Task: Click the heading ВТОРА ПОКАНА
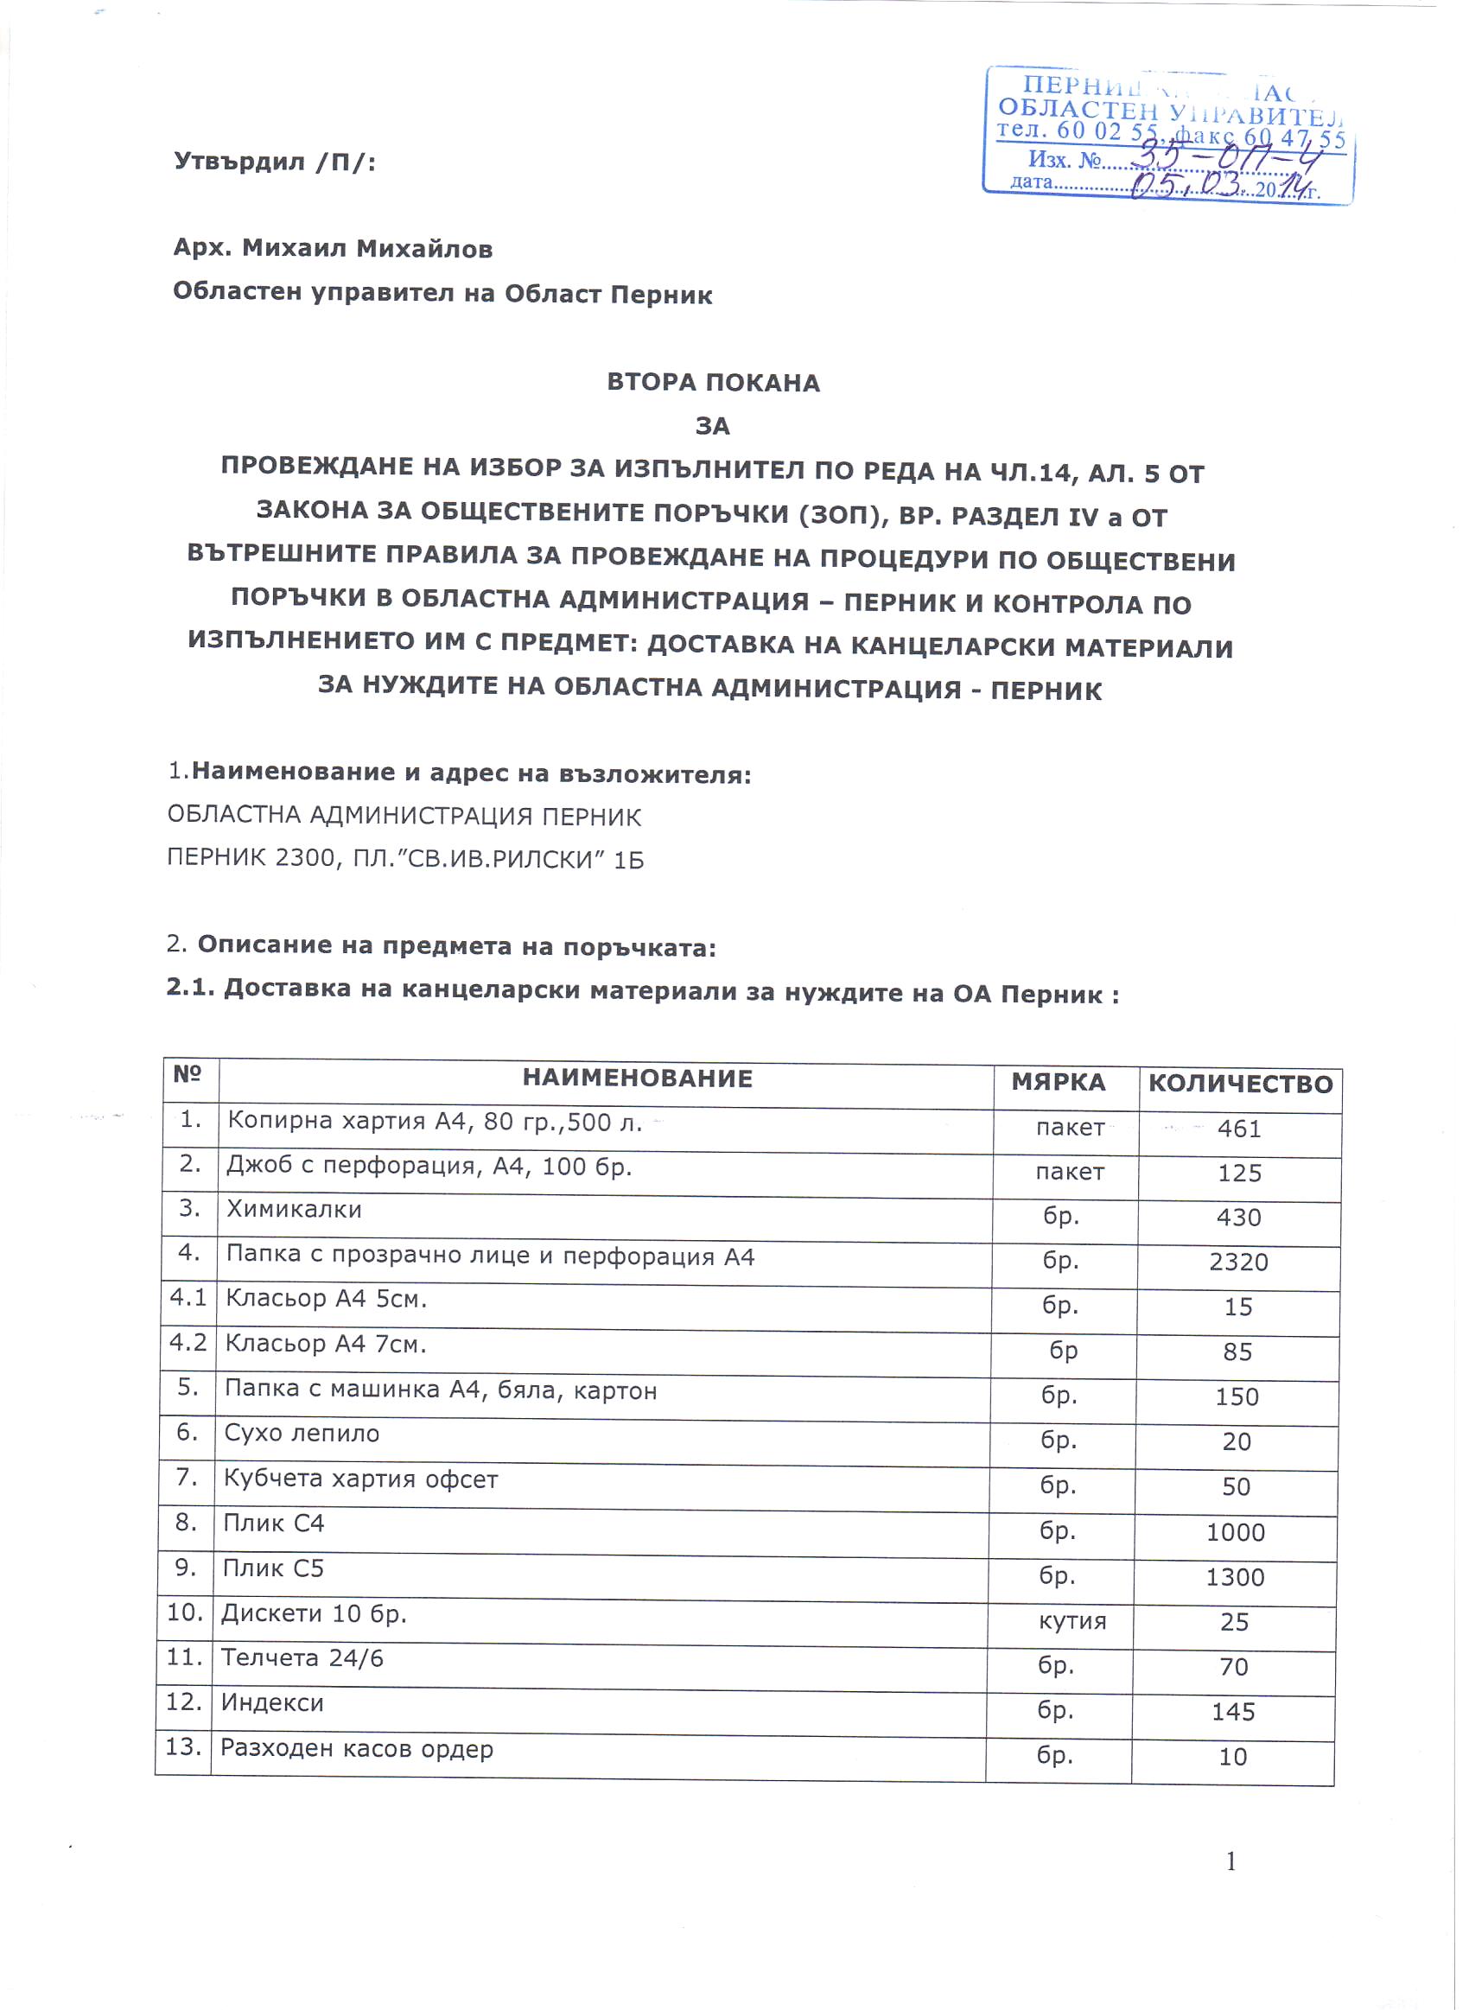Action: pyautogui.click(x=713, y=383)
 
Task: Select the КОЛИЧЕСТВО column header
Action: pyautogui.click(x=1241, y=1084)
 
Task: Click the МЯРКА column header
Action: pyautogui.click(x=1059, y=1082)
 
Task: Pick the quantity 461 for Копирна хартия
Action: pyautogui.click(x=1238, y=1129)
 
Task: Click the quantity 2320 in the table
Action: pyautogui.click(x=1237, y=1262)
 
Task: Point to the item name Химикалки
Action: pyautogui.click(x=294, y=1210)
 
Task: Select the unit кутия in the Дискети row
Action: pyautogui.click(x=1072, y=1620)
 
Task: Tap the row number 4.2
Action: pyautogui.click(x=188, y=1342)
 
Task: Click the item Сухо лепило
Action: pyautogui.click(x=302, y=1433)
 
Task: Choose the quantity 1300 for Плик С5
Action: pyautogui.click(x=1235, y=1576)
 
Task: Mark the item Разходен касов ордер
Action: pyautogui.click(x=357, y=1749)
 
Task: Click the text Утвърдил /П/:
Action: pyautogui.click(x=275, y=162)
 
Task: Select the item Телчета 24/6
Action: pyautogui.click(x=302, y=1657)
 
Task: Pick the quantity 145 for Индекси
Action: pyautogui.click(x=1232, y=1711)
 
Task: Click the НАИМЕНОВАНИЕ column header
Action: pyautogui.click(x=637, y=1078)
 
